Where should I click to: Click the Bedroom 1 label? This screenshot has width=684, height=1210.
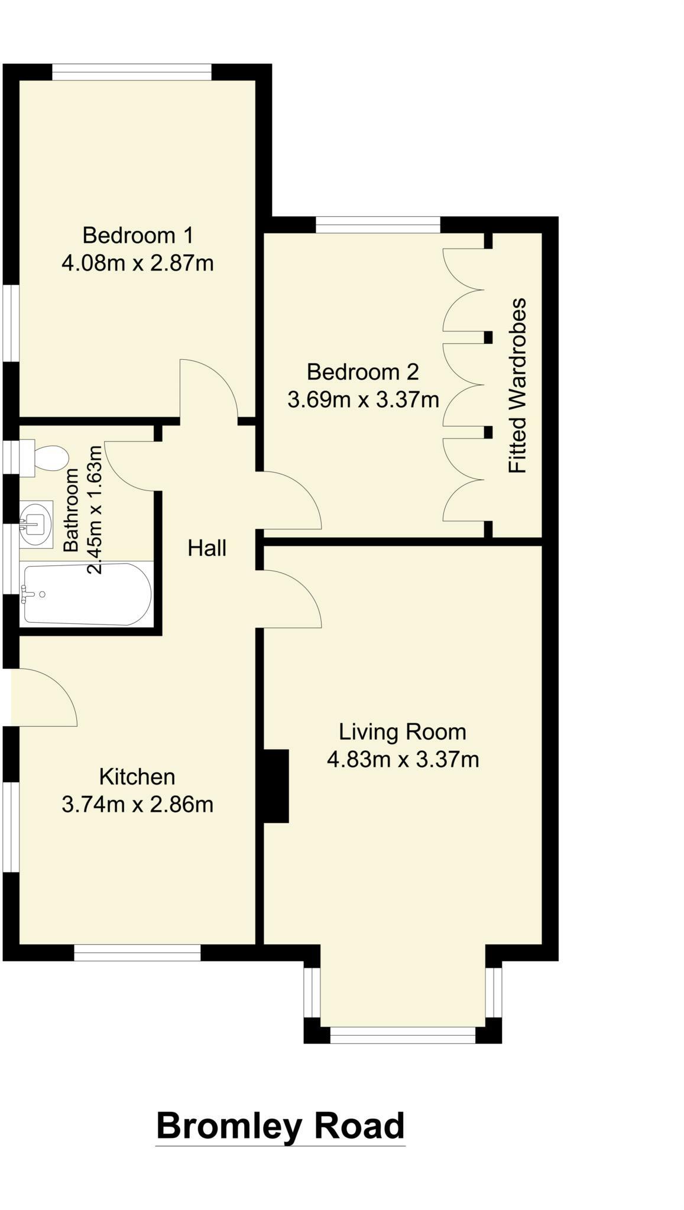137,236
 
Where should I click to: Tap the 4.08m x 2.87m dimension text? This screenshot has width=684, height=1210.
137,263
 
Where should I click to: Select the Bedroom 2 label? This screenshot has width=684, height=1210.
362,372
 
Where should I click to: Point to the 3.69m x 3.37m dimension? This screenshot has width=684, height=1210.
362,400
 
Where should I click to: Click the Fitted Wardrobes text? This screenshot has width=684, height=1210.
517,385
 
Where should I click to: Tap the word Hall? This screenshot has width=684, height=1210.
207,548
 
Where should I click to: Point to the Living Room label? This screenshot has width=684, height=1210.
402,732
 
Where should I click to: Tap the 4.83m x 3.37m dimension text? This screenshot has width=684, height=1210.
402,760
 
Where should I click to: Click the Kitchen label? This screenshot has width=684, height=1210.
137,777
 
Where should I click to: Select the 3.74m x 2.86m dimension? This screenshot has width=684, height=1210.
137,805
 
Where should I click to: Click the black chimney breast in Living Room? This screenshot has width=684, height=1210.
275,786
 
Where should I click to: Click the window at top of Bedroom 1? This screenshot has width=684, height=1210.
132,72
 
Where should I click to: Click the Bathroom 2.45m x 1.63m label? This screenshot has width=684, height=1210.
83,509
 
